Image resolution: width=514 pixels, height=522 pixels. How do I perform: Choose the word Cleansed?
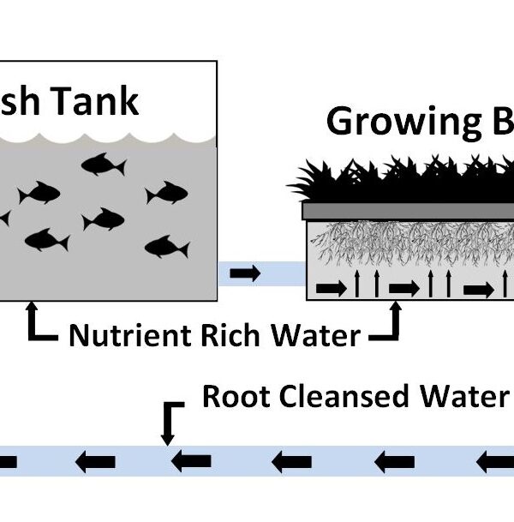(350, 397)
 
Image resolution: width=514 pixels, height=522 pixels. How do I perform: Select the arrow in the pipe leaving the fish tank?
(244, 273)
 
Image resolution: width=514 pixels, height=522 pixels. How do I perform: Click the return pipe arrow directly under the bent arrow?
(185, 463)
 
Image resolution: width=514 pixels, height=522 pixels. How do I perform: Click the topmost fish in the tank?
(100, 164)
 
